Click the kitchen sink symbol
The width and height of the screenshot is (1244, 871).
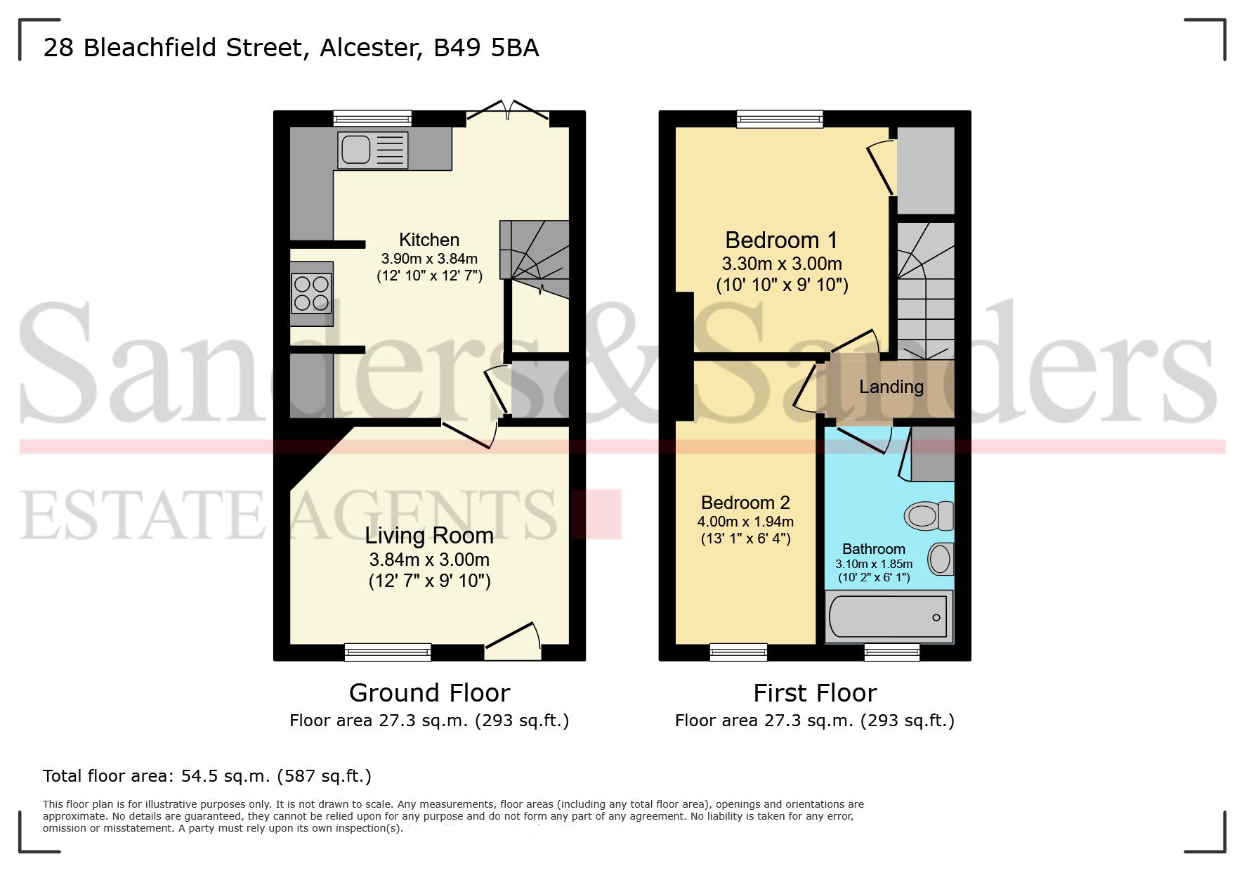[372, 150]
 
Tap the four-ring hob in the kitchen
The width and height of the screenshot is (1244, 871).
[311, 293]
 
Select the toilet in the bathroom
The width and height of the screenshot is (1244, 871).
[928, 515]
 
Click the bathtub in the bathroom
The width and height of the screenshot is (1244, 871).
[889, 617]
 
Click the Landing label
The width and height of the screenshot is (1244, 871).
[891, 387]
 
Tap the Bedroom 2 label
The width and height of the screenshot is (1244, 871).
[745, 503]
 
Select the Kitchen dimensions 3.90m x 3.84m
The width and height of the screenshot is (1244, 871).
[429, 259]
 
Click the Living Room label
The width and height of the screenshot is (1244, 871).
[429, 536]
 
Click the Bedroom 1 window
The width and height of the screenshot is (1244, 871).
[780, 119]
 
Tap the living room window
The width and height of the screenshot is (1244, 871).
[388, 652]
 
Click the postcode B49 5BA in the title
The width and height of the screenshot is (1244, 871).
[486, 48]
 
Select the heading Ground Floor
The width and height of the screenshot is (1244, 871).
[429, 693]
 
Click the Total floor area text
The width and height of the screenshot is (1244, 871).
[207, 776]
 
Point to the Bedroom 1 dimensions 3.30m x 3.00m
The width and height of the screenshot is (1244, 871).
[782, 264]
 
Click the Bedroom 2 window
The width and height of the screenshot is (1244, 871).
[738, 652]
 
